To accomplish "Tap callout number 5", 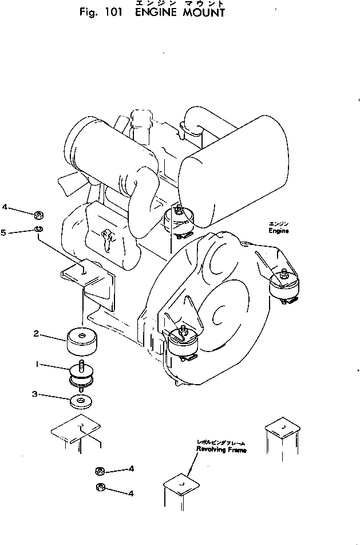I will click(x=19, y=232).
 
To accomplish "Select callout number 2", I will click(x=35, y=334).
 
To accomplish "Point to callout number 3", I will click(x=36, y=394).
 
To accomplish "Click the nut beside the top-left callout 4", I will click(x=39, y=215).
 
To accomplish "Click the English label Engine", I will click(x=279, y=231).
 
